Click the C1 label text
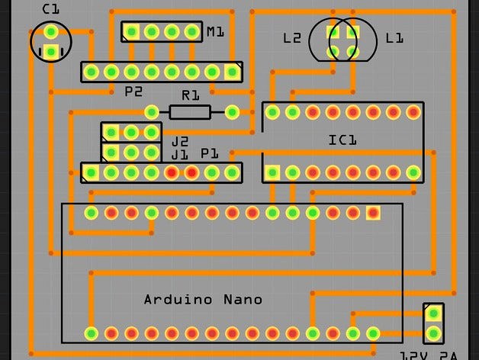click(x=50, y=9)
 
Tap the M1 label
click(x=215, y=32)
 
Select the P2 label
click(x=133, y=92)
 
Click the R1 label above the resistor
click(x=190, y=96)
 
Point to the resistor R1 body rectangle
click(x=190, y=113)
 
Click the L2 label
click(x=291, y=38)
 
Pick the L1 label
click(x=394, y=38)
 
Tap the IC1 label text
click(x=342, y=140)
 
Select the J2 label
click(x=179, y=142)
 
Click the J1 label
click(x=179, y=155)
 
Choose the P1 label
click(x=210, y=154)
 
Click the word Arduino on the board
click(x=178, y=299)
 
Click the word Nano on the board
click(x=243, y=299)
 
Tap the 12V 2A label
click(x=428, y=355)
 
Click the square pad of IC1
click(x=272, y=172)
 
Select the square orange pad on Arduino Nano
click(x=373, y=212)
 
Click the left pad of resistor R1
click(x=152, y=113)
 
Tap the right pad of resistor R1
click(x=233, y=113)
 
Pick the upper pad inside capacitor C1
click(x=50, y=32)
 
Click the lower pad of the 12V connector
click(x=433, y=333)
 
